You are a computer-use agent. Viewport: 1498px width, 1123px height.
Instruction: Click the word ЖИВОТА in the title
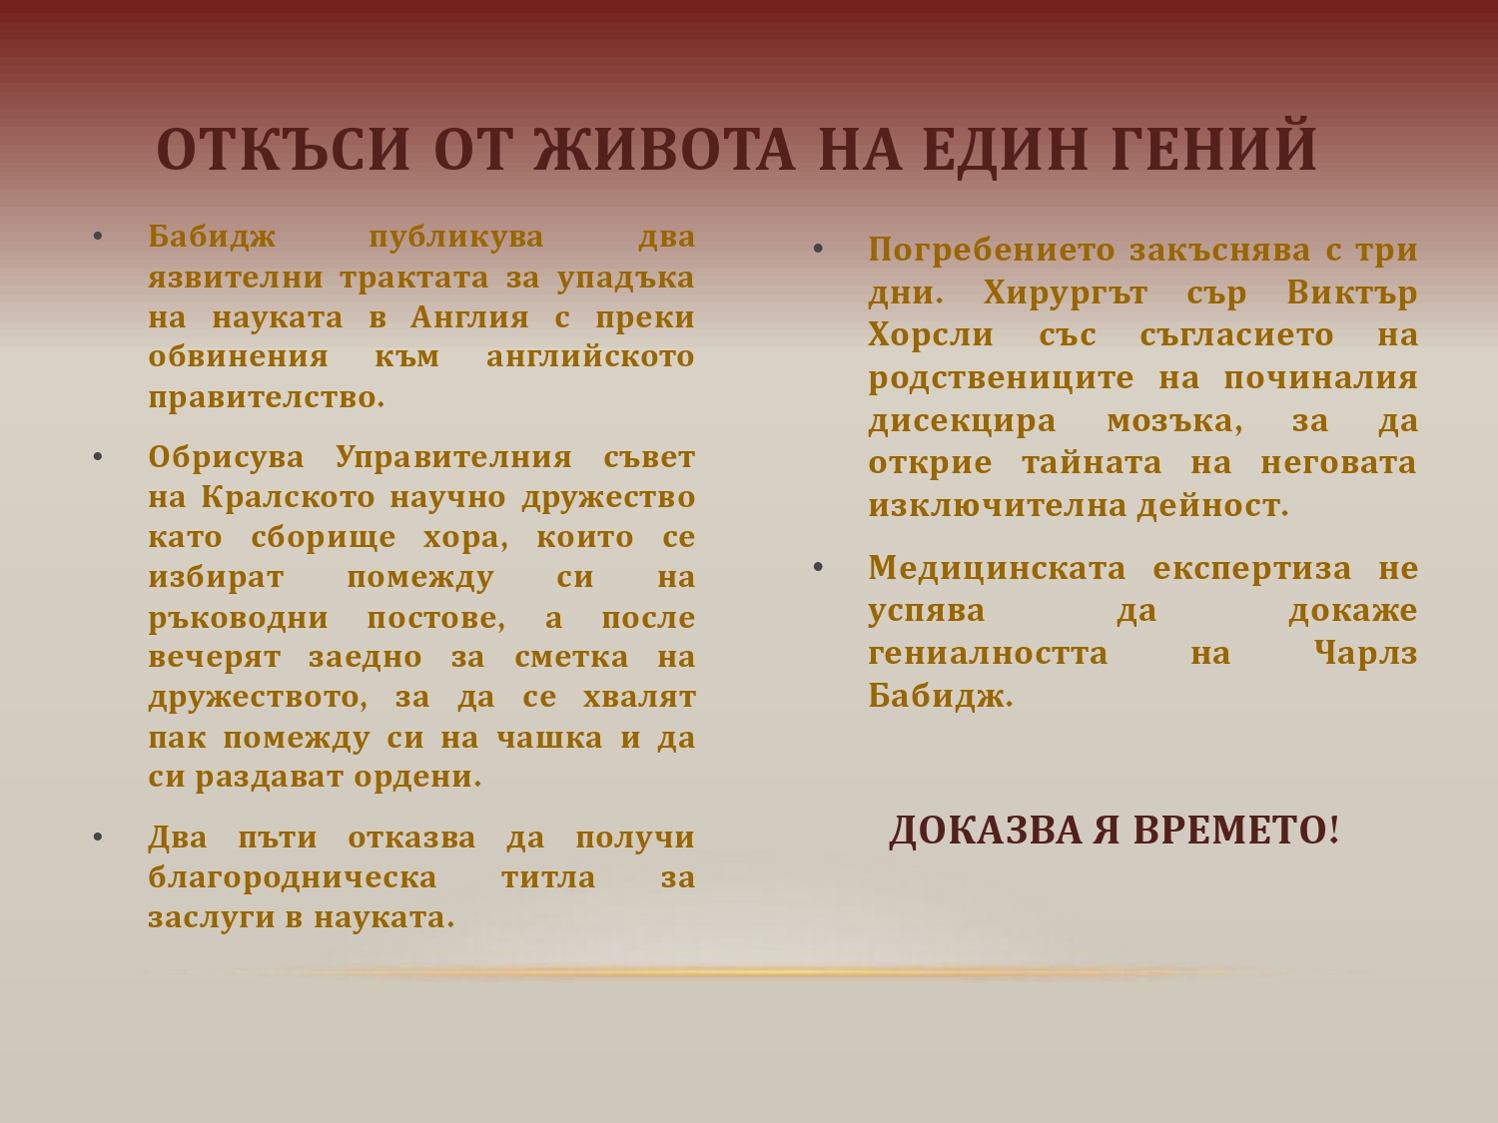click(x=664, y=149)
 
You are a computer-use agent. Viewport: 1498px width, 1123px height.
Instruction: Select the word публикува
click(x=455, y=239)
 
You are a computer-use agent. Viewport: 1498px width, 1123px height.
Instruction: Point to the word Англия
click(x=469, y=317)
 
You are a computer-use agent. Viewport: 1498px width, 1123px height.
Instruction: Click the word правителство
click(x=267, y=398)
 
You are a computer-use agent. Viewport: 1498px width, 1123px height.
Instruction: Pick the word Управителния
click(x=453, y=458)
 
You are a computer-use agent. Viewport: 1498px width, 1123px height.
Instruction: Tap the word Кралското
click(x=288, y=497)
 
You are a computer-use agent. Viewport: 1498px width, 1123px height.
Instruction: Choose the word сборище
click(x=324, y=538)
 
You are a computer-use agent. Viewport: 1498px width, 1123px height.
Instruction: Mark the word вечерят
click(x=215, y=658)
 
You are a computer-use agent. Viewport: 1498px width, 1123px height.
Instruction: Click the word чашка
click(x=549, y=738)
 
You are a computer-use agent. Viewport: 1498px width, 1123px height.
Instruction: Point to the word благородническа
click(x=292, y=878)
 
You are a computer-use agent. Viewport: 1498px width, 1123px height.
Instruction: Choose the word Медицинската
click(x=997, y=569)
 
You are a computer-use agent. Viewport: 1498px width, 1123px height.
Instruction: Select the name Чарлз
click(x=1365, y=654)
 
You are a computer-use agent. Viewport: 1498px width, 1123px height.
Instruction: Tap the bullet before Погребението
click(x=818, y=250)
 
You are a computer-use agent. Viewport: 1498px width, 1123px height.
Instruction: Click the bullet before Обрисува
click(x=98, y=457)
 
